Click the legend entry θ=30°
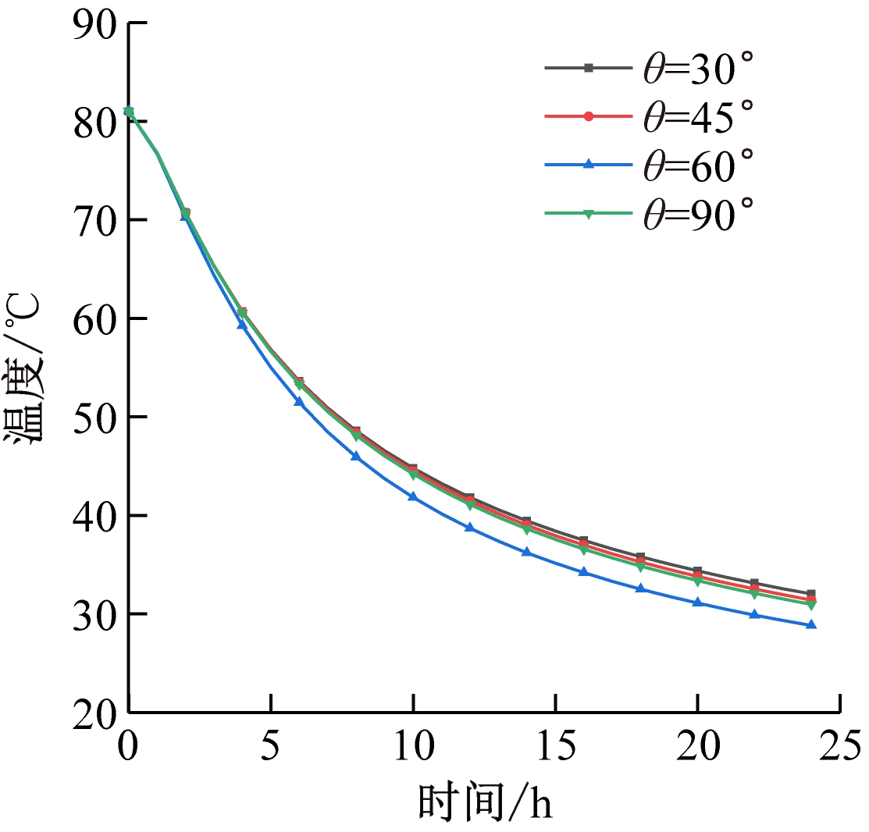650,70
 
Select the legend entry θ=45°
650,117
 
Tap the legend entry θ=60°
650,164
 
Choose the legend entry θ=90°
650,212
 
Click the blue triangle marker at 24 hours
811,624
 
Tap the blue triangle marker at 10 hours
413,496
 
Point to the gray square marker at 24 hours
811,594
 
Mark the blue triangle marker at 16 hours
583,572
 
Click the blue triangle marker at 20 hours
697,603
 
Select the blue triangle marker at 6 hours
299,401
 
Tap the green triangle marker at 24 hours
811,605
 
